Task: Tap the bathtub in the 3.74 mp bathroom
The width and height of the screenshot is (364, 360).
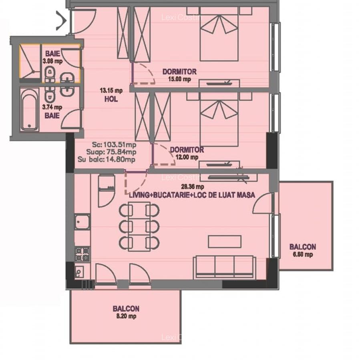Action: click(29, 109)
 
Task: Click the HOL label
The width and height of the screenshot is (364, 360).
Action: click(111, 99)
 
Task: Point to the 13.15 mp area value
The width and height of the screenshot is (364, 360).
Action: click(111, 90)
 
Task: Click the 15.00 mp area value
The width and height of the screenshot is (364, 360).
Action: click(179, 79)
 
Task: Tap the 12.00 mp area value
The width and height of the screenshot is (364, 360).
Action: click(187, 157)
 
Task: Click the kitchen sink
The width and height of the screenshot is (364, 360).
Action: click(82, 222)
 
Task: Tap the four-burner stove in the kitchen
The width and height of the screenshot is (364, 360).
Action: click(82, 254)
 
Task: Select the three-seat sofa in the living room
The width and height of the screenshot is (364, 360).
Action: click(224, 267)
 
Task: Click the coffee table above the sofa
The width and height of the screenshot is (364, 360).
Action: click(224, 242)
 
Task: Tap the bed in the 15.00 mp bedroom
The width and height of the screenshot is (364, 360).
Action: click(219, 38)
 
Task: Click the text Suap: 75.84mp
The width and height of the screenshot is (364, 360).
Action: click(111, 152)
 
